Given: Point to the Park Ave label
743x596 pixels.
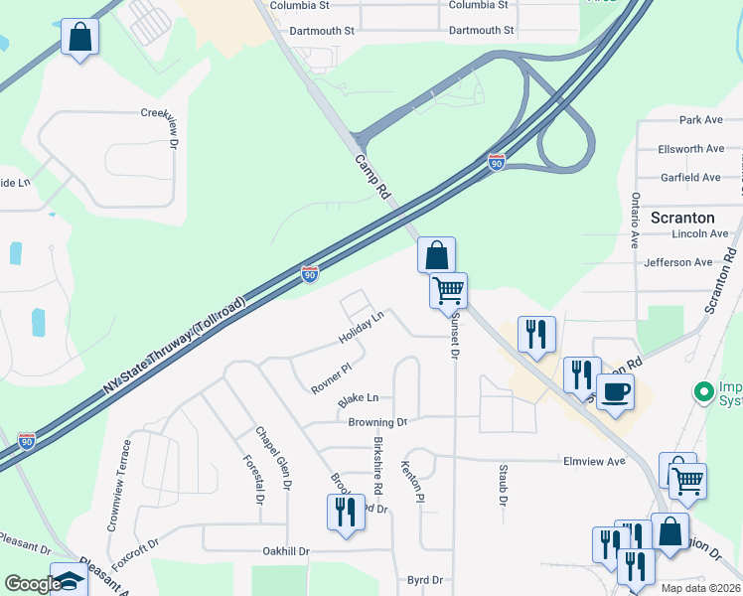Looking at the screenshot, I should pyautogui.click(x=700, y=120).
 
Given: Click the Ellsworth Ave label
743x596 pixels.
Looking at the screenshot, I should pyautogui.click(x=690, y=149).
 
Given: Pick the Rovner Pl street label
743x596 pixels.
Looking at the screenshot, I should pyautogui.click(x=331, y=378).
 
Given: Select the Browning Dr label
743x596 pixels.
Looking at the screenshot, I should pyautogui.click(x=377, y=422).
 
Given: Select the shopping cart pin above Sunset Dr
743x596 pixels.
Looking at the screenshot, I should pyautogui.click(x=448, y=290).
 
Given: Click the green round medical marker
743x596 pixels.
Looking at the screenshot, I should pyautogui.click(x=705, y=391).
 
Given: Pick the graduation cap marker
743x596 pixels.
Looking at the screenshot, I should pyautogui.click(x=69, y=579).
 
